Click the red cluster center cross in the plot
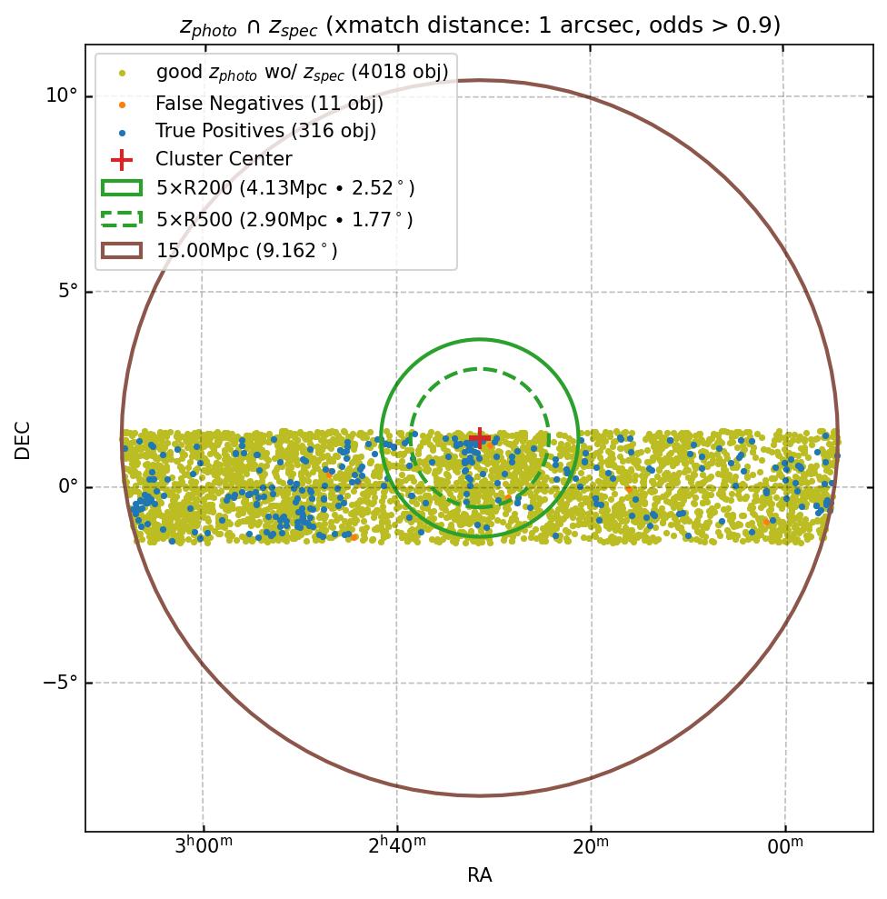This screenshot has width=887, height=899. (x=479, y=438)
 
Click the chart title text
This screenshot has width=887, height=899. (x=479, y=25)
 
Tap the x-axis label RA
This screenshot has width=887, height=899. (x=479, y=875)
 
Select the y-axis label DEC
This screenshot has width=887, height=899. (x=22, y=440)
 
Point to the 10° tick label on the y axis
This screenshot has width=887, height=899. (x=62, y=96)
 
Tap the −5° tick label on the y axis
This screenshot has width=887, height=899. (x=60, y=683)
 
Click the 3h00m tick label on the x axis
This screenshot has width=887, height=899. (x=202, y=847)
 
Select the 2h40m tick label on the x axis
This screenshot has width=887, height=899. (x=396, y=847)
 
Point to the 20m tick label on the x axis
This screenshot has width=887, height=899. (x=591, y=847)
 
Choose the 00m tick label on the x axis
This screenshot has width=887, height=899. (x=784, y=847)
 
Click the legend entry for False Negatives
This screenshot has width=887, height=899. (x=268, y=104)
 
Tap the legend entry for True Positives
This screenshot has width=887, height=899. (x=265, y=131)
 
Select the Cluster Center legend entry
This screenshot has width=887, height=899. (x=224, y=159)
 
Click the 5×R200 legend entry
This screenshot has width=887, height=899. (x=284, y=188)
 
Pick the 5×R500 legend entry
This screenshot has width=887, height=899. (x=284, y=219)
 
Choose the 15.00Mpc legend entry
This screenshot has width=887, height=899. (x=246, y=250)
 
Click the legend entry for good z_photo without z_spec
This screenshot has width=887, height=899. (x=302, y=72)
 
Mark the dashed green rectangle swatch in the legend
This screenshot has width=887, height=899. (x=121, y=219)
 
